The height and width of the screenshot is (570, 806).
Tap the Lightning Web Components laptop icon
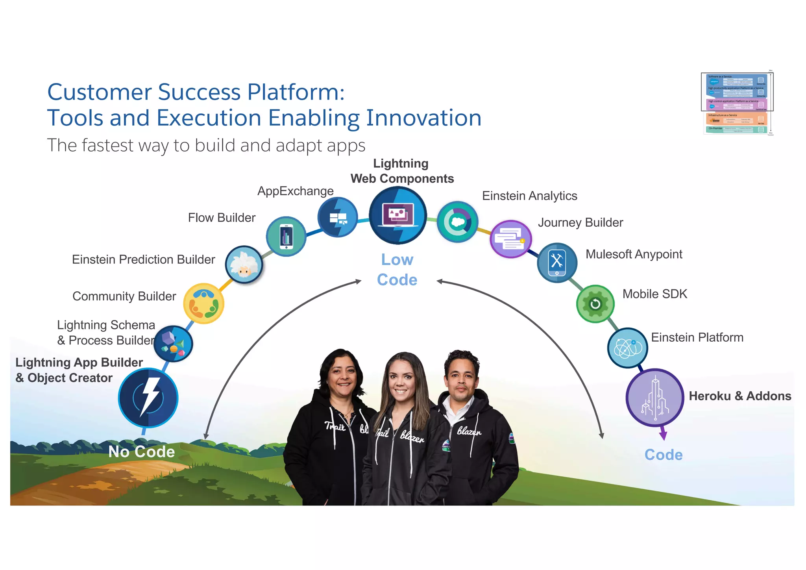tap(398, 215)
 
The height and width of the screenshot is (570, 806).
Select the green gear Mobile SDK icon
tap(595, 304)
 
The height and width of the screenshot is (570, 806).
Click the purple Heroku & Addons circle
tap(655, 398)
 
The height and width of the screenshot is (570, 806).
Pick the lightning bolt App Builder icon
tap(148, 398)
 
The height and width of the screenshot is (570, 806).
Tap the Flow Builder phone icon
tap(286, 236)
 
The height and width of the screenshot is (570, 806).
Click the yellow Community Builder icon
tap(203, 304)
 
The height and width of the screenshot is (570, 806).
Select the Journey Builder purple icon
tap(510, 239)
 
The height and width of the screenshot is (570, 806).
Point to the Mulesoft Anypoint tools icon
tap(557, 263)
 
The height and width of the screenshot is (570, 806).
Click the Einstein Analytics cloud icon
tap(457, 222)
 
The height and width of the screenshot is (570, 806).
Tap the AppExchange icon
tap(338, 217)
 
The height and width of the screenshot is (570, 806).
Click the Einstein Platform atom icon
tap(627, 348)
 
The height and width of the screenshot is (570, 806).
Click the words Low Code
tap(397, 270)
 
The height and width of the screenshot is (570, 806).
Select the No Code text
tap(142, 452)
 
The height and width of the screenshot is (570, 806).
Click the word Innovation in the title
tap(423, 118)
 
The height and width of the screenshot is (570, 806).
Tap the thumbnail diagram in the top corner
tap(737, 103)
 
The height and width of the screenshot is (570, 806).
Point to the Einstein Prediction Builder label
tap(143, 259)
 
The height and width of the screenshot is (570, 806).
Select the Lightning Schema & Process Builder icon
tap(173, 344)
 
